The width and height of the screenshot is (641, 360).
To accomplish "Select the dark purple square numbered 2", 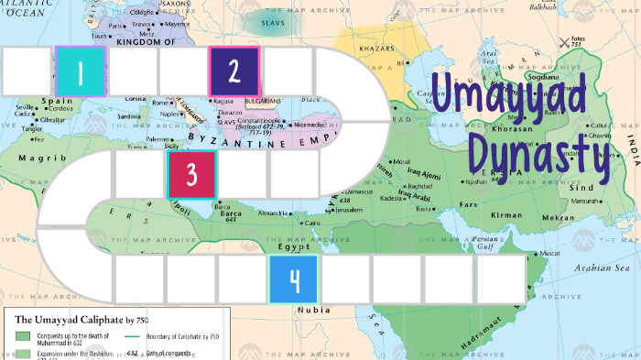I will (234, 71).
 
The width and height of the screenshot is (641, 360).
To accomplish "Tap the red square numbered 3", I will (191, 174).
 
